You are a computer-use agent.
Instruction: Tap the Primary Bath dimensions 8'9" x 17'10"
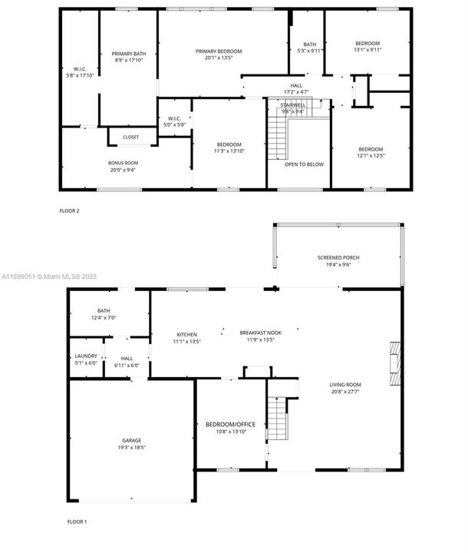pos(129,60)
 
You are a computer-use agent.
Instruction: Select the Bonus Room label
pos(123,163)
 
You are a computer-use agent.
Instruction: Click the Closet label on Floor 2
pos(130,137)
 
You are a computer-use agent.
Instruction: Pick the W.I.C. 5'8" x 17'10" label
pos(78,72)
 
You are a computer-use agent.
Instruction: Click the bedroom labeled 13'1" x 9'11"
pos(367,47)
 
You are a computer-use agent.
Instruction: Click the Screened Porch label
pos(338,257)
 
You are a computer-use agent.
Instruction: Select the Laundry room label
pos(85,356)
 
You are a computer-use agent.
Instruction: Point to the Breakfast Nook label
pos(260,333)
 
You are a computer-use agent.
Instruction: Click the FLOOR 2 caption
pos(69,210)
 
